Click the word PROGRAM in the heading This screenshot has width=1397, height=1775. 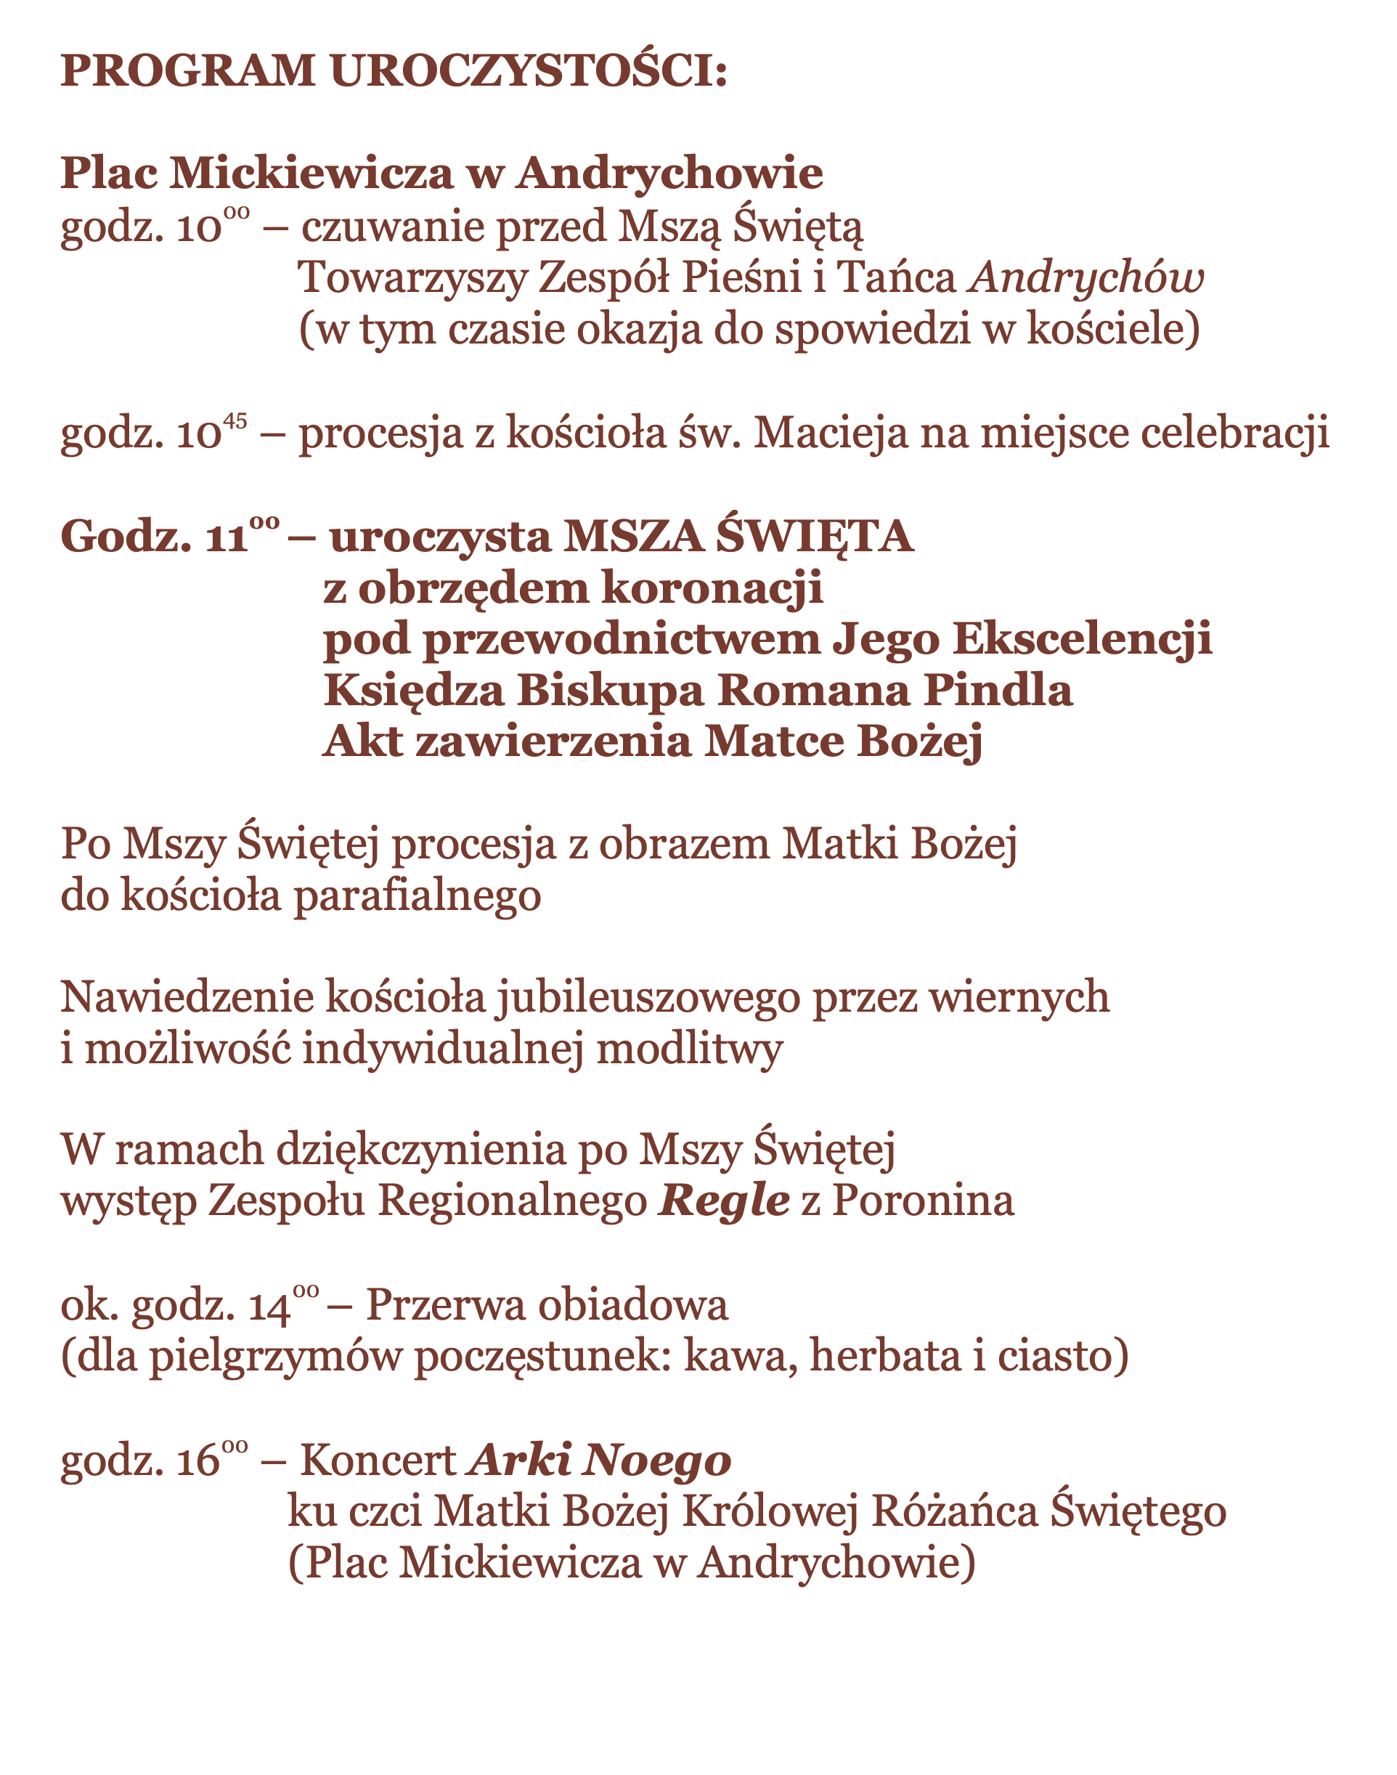(x=187, y=70)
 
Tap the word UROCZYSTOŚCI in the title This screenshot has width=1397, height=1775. (x=529, y=70)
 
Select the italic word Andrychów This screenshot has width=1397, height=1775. (x=1086, y=278)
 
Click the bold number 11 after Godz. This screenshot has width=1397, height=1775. (x=227, y=539)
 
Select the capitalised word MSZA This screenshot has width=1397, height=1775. (x=633, y=537)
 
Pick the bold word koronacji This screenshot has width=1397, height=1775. (x=712, y=589)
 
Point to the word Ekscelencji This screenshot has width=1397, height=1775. (x=1082, y=640)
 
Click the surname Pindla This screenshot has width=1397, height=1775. (x=998, y=691)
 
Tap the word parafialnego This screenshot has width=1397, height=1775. (x=417, y=896)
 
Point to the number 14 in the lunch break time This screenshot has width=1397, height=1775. (x=269, y=1307)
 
